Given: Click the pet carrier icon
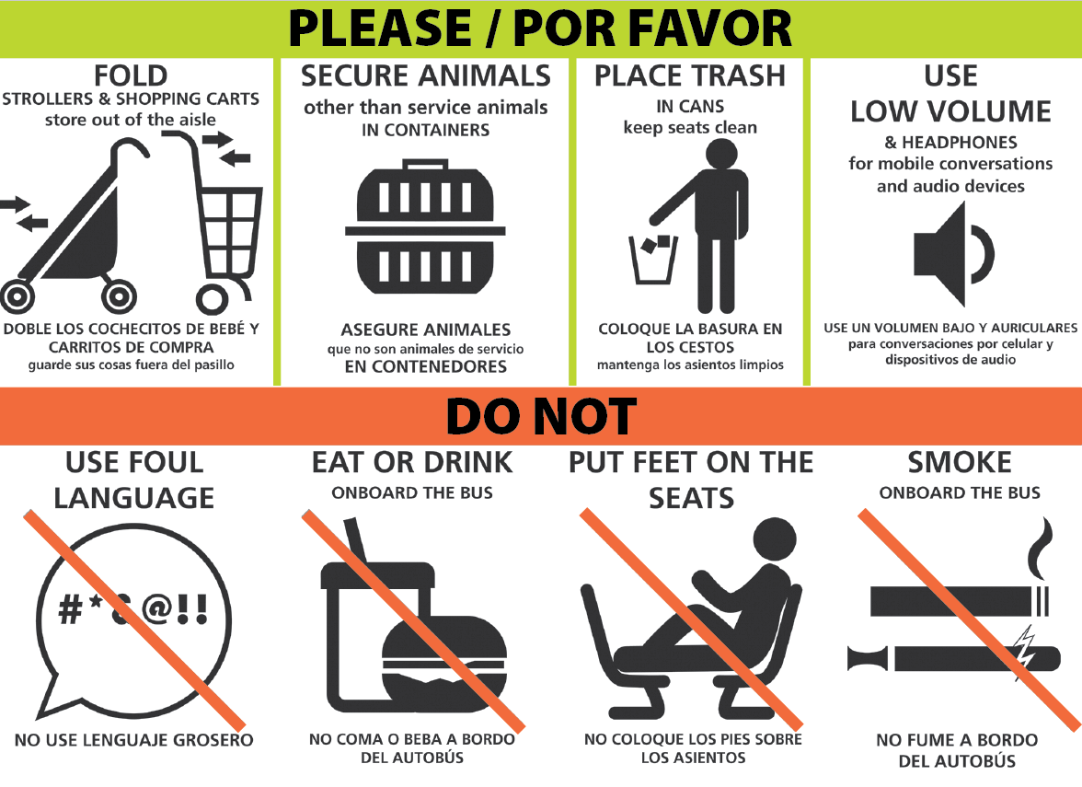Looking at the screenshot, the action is [x=425, y=228].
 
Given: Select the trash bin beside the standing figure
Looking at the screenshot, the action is [x=653, y=260].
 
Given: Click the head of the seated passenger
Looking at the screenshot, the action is [x=775, y=539].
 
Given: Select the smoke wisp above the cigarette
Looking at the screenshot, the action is [x=1040, y=548].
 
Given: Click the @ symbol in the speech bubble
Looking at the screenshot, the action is [x=157, y=609].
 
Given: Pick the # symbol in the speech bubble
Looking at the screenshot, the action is [x=70, y=609].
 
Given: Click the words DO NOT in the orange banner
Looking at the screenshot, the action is [x=541, y=416].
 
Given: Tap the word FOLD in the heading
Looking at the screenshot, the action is [x=131, y=75].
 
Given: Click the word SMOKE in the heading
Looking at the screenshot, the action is [x=959, y=462].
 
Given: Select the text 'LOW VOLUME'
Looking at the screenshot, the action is [x=950, y=111].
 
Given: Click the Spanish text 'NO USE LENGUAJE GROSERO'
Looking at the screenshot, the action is [x=134, y=740].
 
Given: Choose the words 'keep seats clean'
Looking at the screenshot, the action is [x=690, y=128].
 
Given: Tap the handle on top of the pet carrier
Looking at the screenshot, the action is [x=425, y=165].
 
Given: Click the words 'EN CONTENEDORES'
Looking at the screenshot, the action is [x=426, y=366].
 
